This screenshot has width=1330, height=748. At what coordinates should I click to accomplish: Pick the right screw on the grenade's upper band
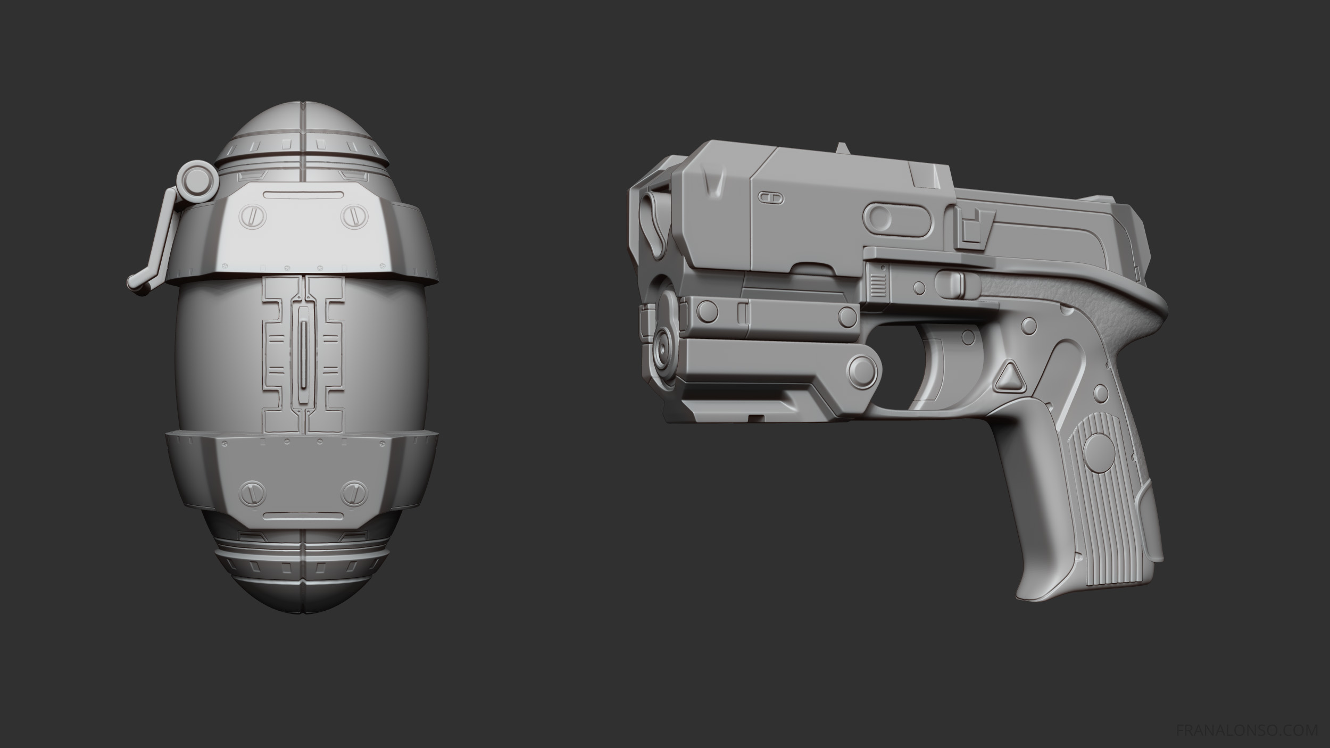click(x=352, y=217)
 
